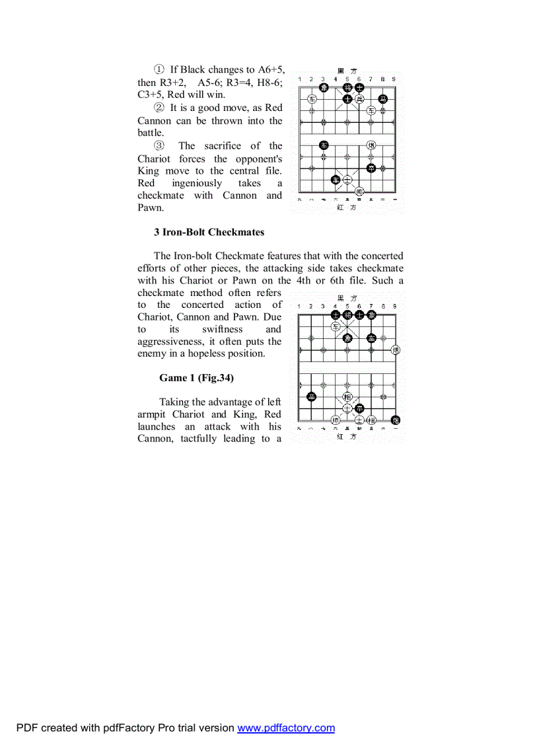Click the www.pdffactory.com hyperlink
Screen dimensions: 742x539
[x=286, y=728]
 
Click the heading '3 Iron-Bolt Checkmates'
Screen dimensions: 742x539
[x=209, y=232]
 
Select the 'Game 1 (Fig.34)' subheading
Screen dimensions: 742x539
[x=196, y=378]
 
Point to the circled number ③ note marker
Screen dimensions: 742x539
[x=159, y=146]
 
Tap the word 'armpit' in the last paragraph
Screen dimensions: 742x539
[x=151, y=414]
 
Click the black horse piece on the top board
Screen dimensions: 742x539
[x=382, y=100]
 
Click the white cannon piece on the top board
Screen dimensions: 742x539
[x=371, y=145]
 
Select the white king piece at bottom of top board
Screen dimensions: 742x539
[x=359, y=191]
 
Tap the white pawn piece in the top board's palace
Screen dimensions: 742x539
[x=359, y=100]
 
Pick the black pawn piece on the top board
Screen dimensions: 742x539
[x=371, y=168]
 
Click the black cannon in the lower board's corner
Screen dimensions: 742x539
[x=395, y=420]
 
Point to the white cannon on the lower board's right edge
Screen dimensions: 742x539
[x=395, y=350]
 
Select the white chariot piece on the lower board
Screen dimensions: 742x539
[x=336, y=326]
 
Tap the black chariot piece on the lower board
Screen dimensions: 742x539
[x=371, y=338]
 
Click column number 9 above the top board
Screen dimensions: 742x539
[x=394, y=79]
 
